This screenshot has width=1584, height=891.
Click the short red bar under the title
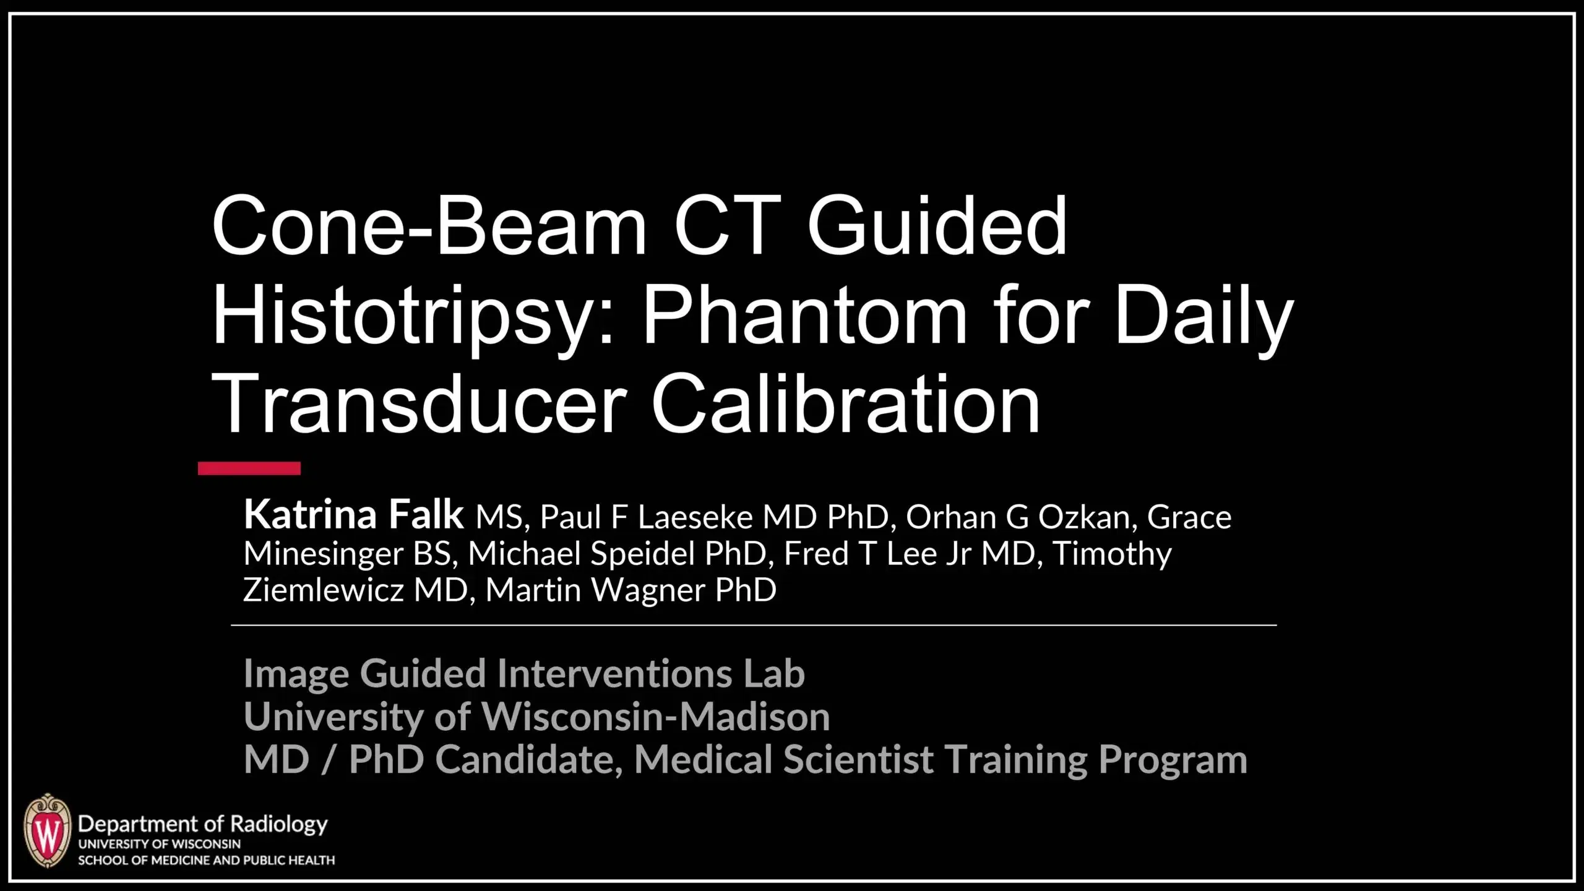[249, 468]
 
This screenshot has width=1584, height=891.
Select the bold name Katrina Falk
[353, 515]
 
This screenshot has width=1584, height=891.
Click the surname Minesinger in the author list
[323, 553]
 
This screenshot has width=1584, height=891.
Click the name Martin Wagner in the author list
[631, 590]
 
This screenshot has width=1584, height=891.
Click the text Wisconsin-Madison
[655, 717]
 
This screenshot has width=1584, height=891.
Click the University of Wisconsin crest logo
[47, 831]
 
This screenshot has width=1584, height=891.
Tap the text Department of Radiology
[202, 824]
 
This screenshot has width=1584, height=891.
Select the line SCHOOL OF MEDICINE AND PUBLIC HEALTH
[206, 861]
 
